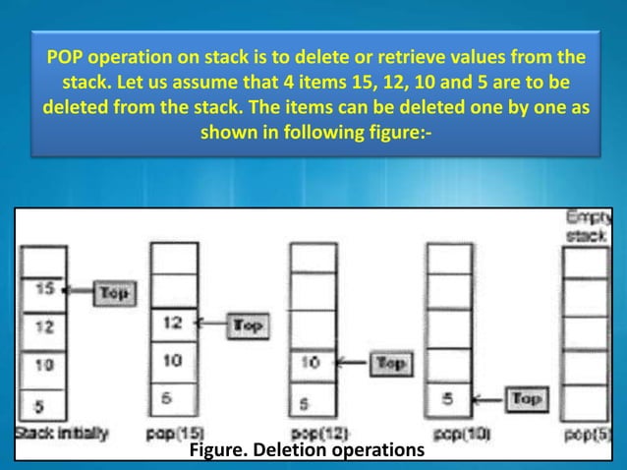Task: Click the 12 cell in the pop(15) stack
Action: (x=173, y=323)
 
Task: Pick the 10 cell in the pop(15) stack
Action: (x=173, y=361)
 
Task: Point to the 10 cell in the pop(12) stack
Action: (x=313, y=363)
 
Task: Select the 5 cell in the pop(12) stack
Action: (x=313, y=402)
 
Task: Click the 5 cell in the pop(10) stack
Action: (x=450, y=399)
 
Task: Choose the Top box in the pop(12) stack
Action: (x=390, y=364)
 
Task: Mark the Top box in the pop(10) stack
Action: (x=526, y=398)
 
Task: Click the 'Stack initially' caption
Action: (x=61, y=433)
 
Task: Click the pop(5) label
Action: (x=588, y=434)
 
